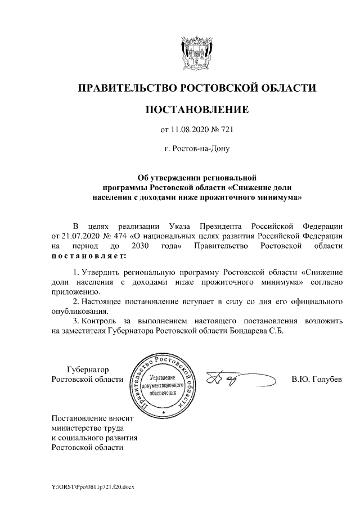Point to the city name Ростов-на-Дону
coord(196,149)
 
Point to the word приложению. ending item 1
coord(76,292)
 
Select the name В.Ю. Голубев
coord(316,379)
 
